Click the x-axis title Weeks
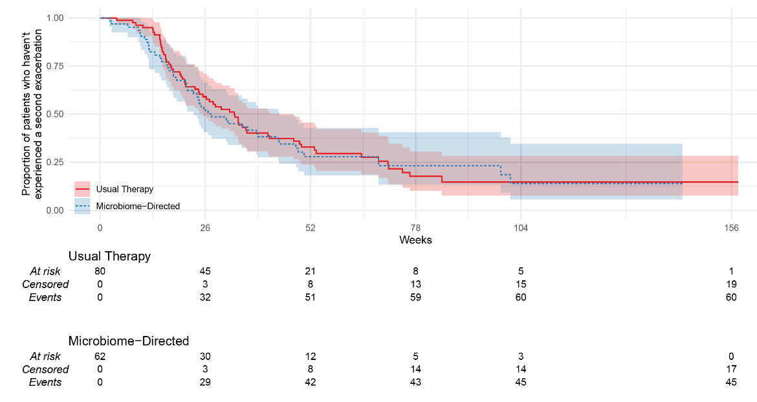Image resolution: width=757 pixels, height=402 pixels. tap(415, 240)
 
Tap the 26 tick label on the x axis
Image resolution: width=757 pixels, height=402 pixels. tap(205, 228)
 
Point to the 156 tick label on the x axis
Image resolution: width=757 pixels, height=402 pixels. tap(731, 228)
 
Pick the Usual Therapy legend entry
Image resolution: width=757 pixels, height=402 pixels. tap(124, 189)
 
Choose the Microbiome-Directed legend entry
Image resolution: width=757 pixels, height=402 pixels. tap(137, 206)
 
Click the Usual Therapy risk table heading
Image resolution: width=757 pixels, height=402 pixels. tap(109, 256)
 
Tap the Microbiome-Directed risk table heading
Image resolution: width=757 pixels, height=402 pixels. tap(128, 341)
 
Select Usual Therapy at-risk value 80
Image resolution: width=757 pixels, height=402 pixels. tap(100, 271)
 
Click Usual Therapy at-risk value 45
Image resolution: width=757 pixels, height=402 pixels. tap(205, 271)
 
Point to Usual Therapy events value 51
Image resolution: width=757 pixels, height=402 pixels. tap(310, 297)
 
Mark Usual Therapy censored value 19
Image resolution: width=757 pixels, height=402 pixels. tap(731, 284)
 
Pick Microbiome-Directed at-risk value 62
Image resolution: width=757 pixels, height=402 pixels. tap(100, 356)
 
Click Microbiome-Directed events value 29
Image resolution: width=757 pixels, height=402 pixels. tap(205, 382)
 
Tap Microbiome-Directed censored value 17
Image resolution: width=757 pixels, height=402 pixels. tap(731, 369)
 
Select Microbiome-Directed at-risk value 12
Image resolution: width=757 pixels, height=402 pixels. tap(310, 356)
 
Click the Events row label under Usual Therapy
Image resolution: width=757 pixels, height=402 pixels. tap(45, 297)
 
